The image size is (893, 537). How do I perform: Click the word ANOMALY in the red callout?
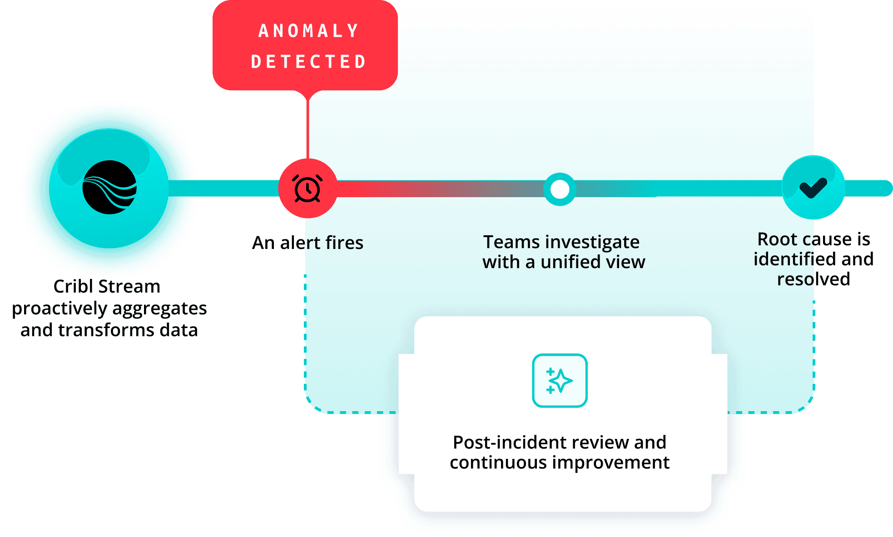[308, 31]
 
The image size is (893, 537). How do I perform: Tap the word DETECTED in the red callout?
[308, 62]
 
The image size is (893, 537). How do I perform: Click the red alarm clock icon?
[308, 189]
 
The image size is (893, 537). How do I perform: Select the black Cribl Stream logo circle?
[109, 187]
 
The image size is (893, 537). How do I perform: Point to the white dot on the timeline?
[560, 189]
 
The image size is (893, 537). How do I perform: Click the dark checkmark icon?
[813, 187]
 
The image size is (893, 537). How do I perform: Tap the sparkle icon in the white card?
[560, 381]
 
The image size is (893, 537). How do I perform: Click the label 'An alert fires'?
[308, 243]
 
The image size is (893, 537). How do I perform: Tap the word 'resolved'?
[813, 279]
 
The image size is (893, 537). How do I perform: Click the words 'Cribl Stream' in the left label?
[107, 286]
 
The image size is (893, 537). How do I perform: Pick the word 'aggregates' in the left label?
[159, 308]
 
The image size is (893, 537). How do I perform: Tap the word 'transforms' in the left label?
[106, 330]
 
